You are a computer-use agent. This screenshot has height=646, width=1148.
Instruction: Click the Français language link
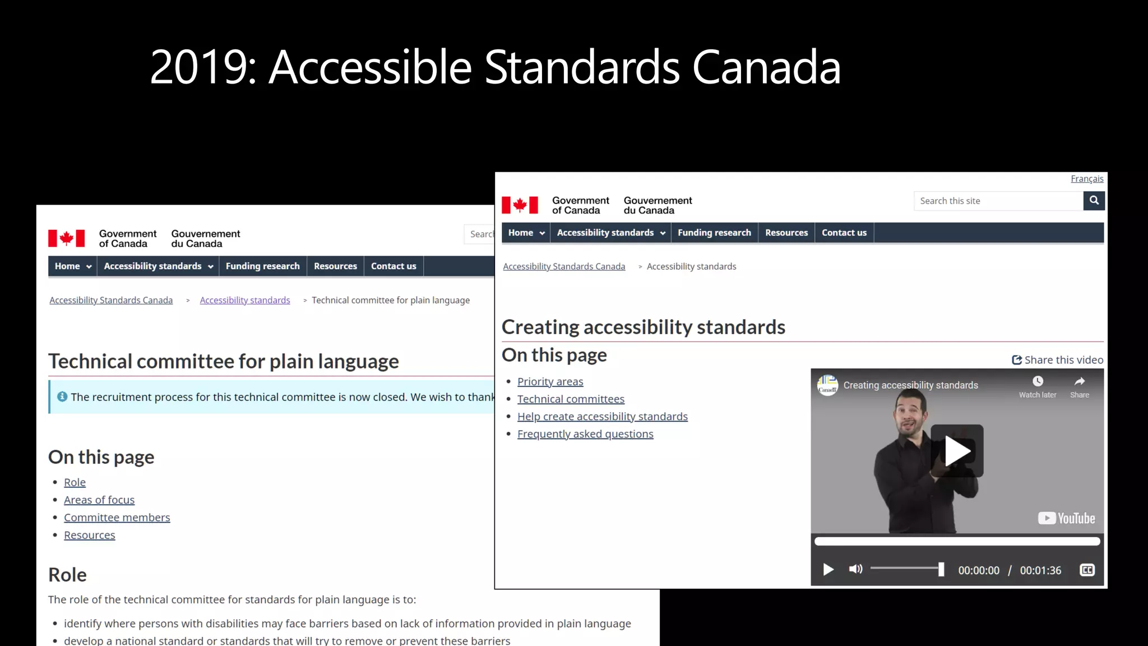tap(1086, 179)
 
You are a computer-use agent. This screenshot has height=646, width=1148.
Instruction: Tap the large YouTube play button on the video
tap(957, 451)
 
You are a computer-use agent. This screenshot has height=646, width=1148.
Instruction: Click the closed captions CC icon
tap(1087, 570)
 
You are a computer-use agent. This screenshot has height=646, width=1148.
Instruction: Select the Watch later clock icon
tap(1038, 381)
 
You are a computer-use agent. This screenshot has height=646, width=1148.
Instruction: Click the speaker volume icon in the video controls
tap(855, 570)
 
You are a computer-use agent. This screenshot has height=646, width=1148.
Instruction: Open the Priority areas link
tap(550, 382)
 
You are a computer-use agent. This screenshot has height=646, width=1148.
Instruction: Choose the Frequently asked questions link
tap(585, 434)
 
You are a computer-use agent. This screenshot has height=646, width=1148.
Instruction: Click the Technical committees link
tap(571, 399)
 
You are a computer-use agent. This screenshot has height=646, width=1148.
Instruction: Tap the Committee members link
tap(117, 518)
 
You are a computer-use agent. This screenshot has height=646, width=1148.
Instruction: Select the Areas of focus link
tap(99, 500)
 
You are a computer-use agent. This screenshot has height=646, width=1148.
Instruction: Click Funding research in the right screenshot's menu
tap(714, 233)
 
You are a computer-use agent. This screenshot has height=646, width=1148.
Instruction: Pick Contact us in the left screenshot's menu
tap(394, 266)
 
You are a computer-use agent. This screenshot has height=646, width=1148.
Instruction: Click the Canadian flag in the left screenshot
tap(66, 238)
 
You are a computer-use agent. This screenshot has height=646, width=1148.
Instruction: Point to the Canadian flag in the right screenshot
tap(520, 205)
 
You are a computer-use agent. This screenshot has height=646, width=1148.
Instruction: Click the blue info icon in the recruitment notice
tap(62, 397)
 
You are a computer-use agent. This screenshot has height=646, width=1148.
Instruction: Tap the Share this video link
tap(1057, 360)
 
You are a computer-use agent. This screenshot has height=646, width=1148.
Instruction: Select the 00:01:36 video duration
tap(1040, 570)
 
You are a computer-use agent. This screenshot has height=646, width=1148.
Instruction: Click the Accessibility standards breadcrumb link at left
tap(245, 301)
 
